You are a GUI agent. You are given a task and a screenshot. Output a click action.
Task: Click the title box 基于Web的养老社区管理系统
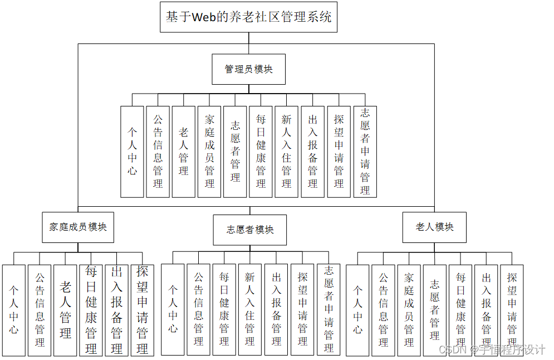[248, 17]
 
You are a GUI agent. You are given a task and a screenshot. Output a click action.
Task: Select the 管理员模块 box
[248, 69]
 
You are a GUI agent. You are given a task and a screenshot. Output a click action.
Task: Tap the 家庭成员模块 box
[78, 227]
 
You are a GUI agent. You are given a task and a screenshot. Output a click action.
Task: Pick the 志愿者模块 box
[250, 230]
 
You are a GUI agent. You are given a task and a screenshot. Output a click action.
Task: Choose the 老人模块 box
[434, 227]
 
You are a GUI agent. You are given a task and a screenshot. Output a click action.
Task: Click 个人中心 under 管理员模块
[132, 151]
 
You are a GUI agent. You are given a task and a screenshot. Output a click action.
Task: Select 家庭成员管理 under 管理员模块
[209, 151]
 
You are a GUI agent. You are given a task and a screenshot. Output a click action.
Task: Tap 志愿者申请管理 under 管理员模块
[365, 151]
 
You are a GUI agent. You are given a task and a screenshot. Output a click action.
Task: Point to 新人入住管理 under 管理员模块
[286, 151]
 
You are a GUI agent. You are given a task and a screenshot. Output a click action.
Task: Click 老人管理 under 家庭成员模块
[65, 310]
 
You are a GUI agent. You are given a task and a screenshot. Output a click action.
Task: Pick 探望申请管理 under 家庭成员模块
[142, 310]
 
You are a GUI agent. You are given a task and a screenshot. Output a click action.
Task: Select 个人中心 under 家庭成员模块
[13, 310]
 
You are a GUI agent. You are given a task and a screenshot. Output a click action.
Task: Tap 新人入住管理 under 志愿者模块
[250, 310]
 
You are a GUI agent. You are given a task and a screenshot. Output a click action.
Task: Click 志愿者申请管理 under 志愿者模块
[329, 310]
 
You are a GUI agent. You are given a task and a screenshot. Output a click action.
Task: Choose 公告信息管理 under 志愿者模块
[198, 310]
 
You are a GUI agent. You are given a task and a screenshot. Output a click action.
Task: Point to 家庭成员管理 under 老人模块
[409, 310]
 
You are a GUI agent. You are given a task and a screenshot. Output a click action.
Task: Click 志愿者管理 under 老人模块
[434, 310]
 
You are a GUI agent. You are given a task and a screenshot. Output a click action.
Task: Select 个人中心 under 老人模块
[357, 310]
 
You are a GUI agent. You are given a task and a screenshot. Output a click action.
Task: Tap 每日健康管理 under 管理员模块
[261, 151]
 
